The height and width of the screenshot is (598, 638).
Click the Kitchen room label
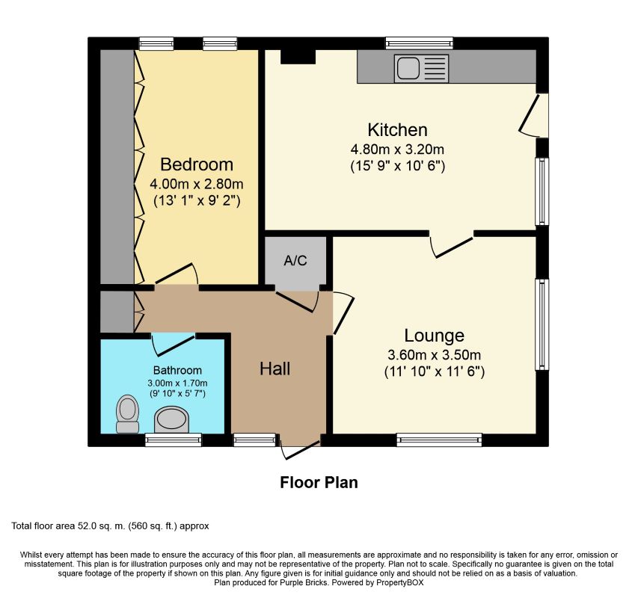pyautogui.click(x=397, y=129)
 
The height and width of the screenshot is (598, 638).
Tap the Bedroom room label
pyautogui.click(x=197, y=164)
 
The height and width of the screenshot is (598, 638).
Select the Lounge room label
pyautogui.click(x=434, y=335)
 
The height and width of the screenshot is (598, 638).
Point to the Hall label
pyautogui.click(x=274, y=368)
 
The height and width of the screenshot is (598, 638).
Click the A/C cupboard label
pyautogui.click(x=295, y=261)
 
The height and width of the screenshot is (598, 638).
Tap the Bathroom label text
pyautogui.click(x=177, y=370)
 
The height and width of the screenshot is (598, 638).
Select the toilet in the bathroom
pyautogui.click(x=128, y=413)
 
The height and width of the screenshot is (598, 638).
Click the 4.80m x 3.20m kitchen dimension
pyautogui.click(x=397, y=149)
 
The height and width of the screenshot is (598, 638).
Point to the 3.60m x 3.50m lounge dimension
pyautogui.click(x=434, y=354)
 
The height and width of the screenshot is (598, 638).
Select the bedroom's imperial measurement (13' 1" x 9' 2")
pyautogui.click(x=197, y=200)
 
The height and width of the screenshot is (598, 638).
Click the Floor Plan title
pyautogui.click(x=319, y=482)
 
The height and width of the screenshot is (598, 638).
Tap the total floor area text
pyautogui.click(x=110, y=526)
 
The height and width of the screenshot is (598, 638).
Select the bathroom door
pyautogui.click(x=172, y=346)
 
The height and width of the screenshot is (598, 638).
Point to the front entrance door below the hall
pyautogui.click(x=301, y=449)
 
